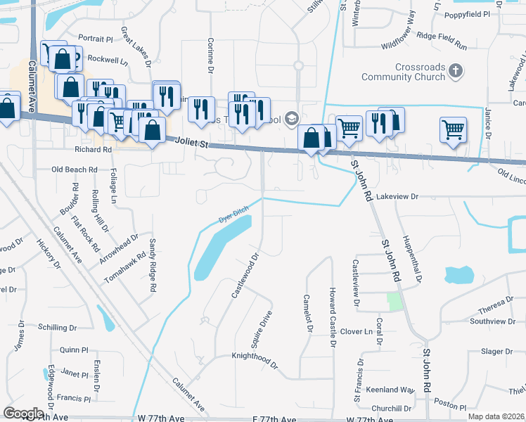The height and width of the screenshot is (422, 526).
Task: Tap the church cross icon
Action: click(x=456, y=70)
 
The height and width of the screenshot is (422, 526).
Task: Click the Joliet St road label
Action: click(x=192, y=143)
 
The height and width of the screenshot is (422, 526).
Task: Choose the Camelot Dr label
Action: click(x=307, y=313)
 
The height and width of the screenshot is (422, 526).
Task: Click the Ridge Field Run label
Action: click(x=442, y=40)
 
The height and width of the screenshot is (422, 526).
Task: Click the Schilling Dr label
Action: click(x=58, y=328)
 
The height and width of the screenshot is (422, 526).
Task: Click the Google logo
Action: click(x=24, y=414)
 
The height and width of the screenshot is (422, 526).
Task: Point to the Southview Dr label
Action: click(x=492, y=321)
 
